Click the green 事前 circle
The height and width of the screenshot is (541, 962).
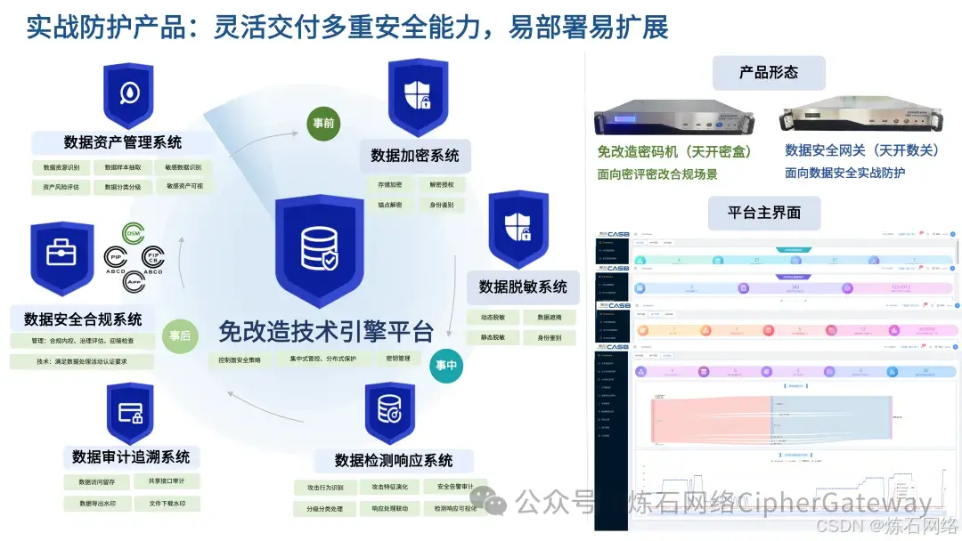click(323, 123)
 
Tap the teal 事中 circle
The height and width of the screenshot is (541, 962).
click(446, 366)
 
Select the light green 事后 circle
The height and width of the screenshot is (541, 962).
click(180, 336)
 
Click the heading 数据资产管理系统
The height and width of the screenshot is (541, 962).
click(123, 142)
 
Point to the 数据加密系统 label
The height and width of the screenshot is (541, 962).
click(415, 156)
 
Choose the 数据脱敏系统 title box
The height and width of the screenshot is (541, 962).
click(523, 287)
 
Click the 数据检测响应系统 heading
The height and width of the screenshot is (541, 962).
click(394, 460)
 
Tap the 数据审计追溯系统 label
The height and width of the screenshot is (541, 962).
click(131, 456)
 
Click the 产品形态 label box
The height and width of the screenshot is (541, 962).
click(769, 73)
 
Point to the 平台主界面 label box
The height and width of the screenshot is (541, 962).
click(764, 213)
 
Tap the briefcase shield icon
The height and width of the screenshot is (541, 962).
click(61, 258)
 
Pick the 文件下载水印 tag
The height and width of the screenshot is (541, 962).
click(167, 504)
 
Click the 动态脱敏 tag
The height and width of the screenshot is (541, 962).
click(492, 318)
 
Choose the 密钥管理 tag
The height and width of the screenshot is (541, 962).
click(398, 359)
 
